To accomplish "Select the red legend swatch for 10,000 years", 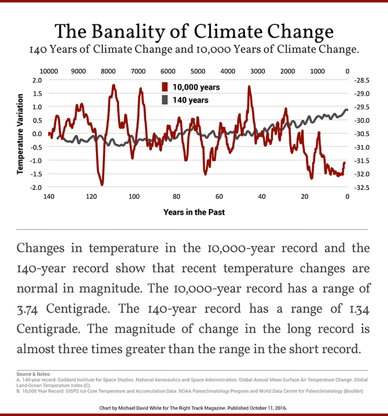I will tap(165, 88).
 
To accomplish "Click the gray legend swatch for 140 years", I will tap(165, 100).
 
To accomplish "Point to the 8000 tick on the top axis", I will tap(108, 71).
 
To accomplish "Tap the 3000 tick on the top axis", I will tap(257, 71).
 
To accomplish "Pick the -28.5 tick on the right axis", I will tap(362, 80).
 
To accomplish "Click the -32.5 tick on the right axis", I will tap(362, 188).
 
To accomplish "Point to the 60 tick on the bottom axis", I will tap(219, 197).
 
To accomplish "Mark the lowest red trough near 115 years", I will tap(102, 184).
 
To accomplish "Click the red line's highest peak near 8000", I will tap(113, 85).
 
